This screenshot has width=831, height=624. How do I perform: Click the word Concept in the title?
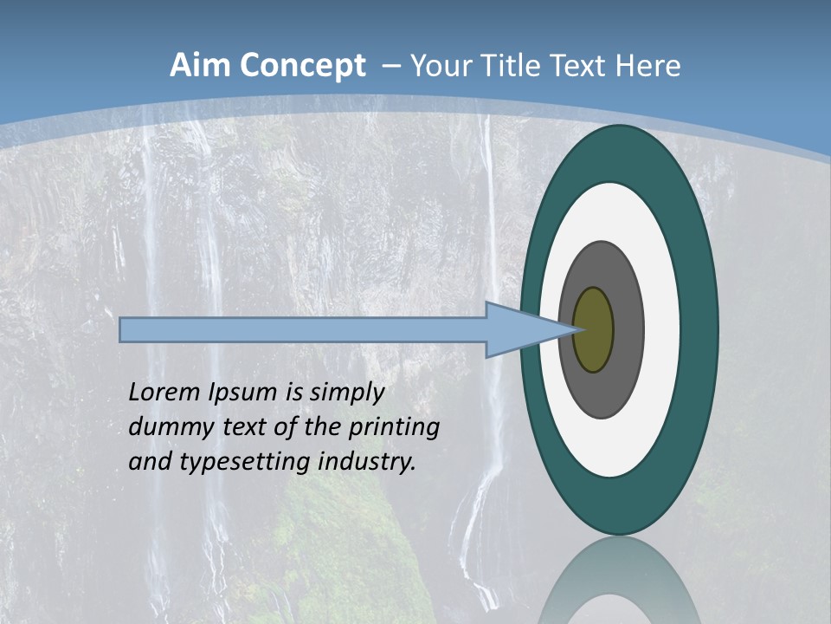click(x=302, y=66)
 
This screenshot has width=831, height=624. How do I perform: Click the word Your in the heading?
click(x=441, y=66)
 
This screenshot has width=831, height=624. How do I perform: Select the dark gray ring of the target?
click(x=628, y=330)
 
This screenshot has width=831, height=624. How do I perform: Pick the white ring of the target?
click(x=662, y=330)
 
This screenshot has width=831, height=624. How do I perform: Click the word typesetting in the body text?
click(x=246, y=463)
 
